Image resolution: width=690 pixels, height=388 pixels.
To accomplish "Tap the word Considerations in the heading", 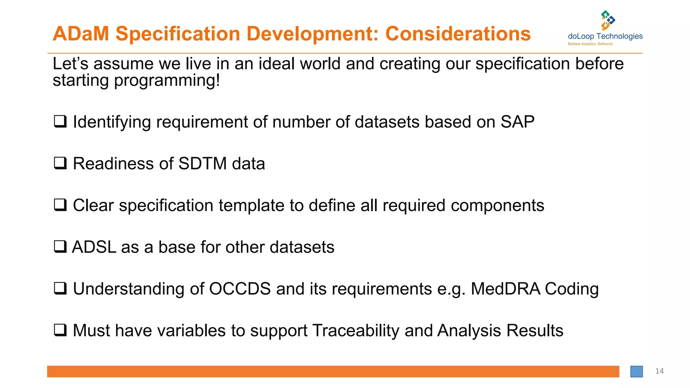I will point(458,34).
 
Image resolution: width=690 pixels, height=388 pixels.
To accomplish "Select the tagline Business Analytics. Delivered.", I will point(590,44).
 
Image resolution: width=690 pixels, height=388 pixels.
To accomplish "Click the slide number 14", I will point(659,371).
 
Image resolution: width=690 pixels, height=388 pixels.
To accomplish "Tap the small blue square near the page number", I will point(636,371).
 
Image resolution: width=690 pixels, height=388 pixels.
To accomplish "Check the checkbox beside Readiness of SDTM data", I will point(60,163).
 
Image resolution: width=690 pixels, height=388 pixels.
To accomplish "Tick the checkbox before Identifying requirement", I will point(60,122).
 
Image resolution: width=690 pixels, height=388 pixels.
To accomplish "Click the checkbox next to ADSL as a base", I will point(60,247).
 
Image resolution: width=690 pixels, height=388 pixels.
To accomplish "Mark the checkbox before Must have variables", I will point(60,330).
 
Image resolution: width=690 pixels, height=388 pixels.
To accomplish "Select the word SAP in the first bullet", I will point(517,122).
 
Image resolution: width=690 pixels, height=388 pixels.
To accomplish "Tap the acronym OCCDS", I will point(240,289).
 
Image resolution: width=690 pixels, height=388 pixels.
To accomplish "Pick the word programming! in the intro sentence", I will point(167,81).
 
